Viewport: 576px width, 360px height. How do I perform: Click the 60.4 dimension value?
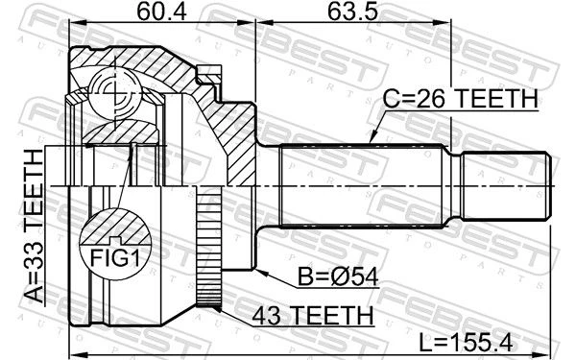(x=161, y=12)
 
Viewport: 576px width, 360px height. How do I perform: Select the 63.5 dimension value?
(x=352, y=12)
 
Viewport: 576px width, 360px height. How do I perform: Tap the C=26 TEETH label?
(x=460, y=99)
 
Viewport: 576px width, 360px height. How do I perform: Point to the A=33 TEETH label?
(x=35, y=227)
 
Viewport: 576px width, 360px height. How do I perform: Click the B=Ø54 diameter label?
(x=338, y=276)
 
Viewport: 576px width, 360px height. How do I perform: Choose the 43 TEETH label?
(x=313, y=315)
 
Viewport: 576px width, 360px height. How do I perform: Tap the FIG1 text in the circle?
(x=115, y=258)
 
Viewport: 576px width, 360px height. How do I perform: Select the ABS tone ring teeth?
(x=208, y=246)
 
